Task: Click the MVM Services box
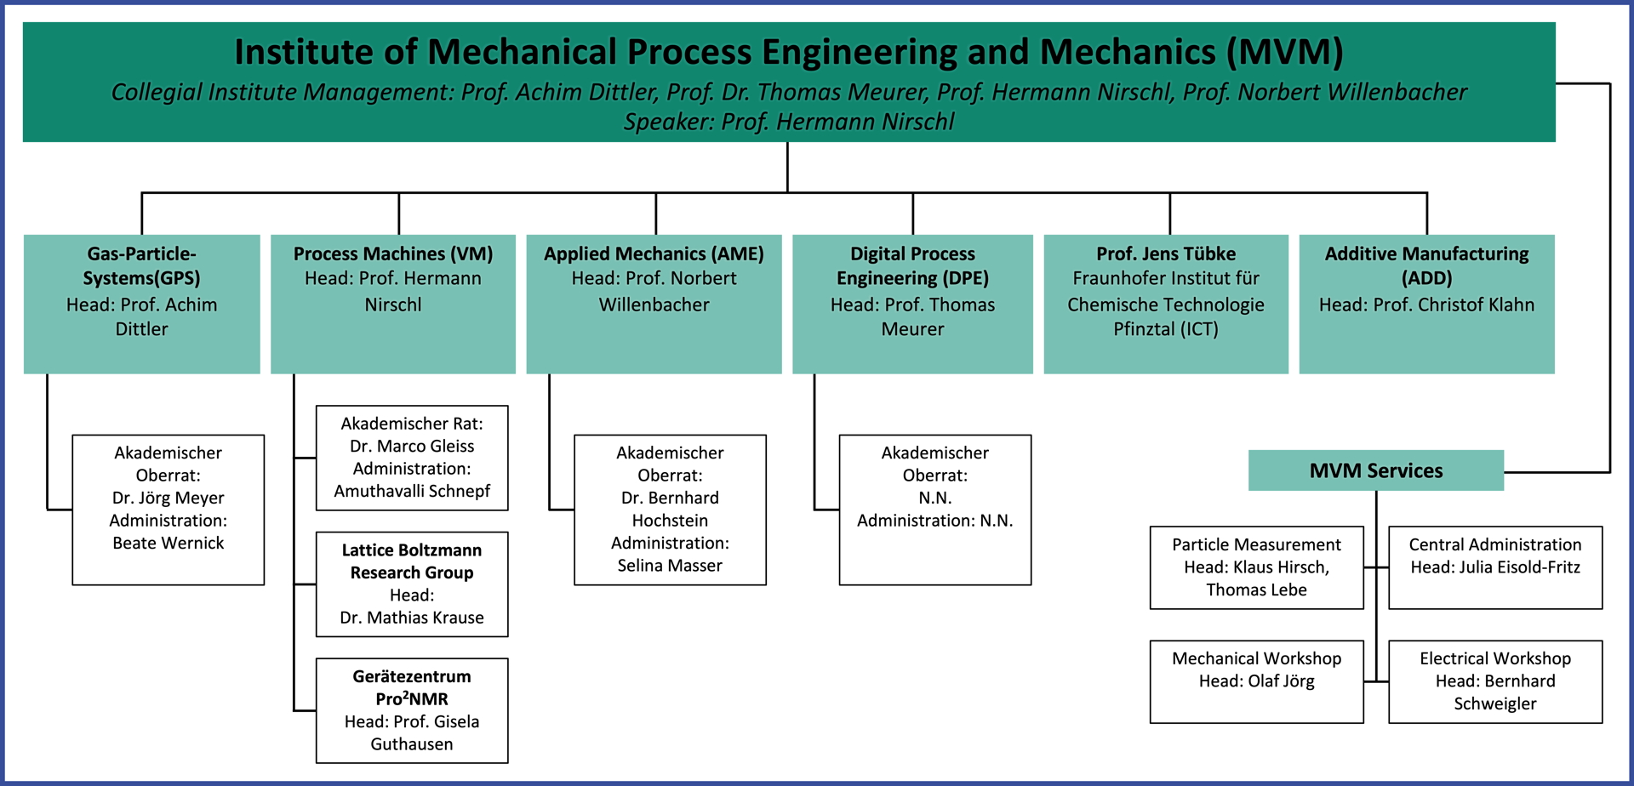pyautogui.click(x=1375, y=470)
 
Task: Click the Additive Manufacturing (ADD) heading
pyautogui.click(x=1426, y=265)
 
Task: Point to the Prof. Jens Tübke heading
pyautogui.click(x=1166, y=253)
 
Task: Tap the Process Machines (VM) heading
pyautogui.click(x=393, y=253)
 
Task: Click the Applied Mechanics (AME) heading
pyautogui.click(x=654, y=253)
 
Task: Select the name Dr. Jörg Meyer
pyautogui.click(x=169, y=498)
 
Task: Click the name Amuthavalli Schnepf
pyautogui.click(x=412, y=491)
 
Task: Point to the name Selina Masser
pyautogui.click(x=670, y=565)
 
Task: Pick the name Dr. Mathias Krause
pyautogui.click(x=412, y=618)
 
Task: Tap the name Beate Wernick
pyautogui.click(x=169, y=543)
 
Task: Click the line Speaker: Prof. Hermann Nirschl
pyautogui.click(x=789, y=122)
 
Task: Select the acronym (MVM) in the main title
pyautogui.click(x=1284, y=52)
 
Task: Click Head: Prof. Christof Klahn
pyautogui.click(x=1426, y=305)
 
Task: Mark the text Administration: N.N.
pyautogui.click(x=934, y=520)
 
